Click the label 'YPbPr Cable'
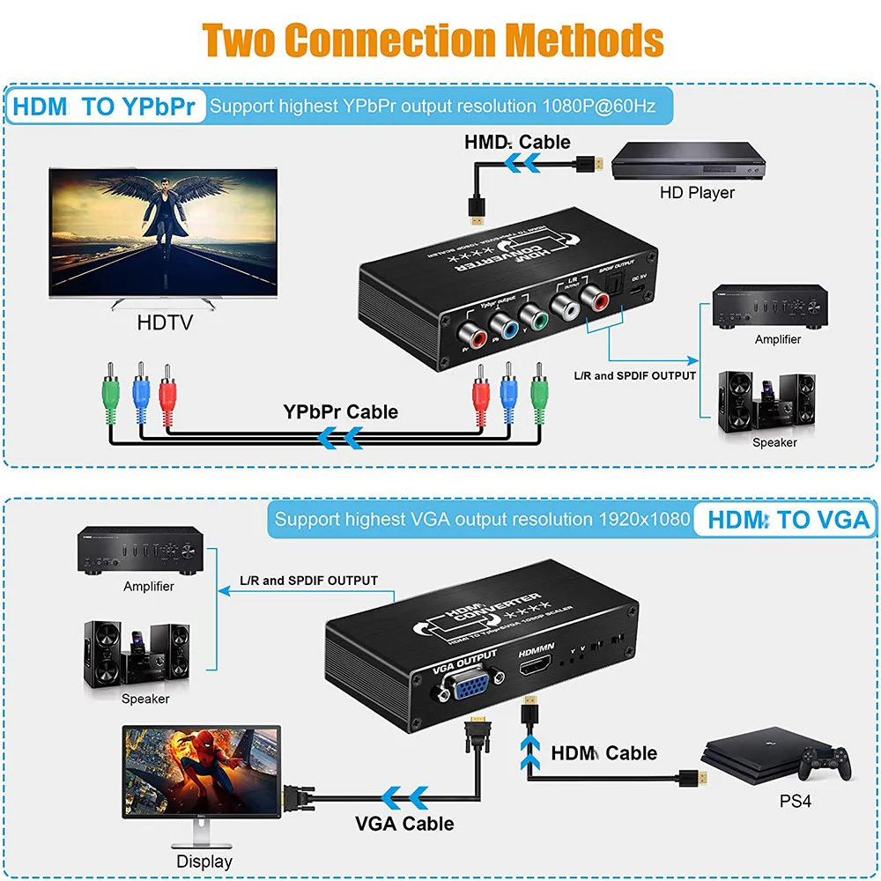[x=340, y=411]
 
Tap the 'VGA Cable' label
[x=404, y=824]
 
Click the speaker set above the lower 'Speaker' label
[x=137, y=653]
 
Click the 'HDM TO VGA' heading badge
[x=788, y=520]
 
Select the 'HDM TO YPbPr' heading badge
[x=107, y=107]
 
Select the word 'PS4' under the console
[x=795, y=802]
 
